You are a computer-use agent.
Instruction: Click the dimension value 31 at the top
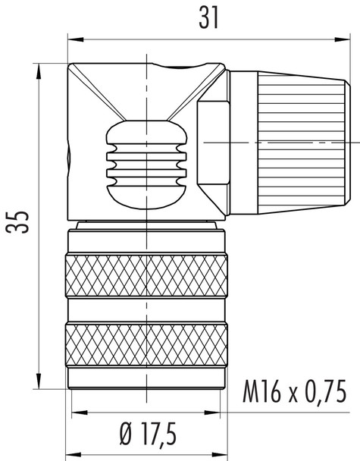[205, 17]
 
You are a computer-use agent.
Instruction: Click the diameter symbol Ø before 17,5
[125, 435]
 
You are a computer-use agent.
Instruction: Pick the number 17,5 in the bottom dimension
[159, 435]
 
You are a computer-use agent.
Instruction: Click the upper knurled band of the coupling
[146, 276]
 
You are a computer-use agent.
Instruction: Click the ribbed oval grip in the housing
[146, 163]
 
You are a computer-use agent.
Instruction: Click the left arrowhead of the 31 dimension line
[71, 36]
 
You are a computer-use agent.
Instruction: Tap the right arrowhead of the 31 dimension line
[342, 36]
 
